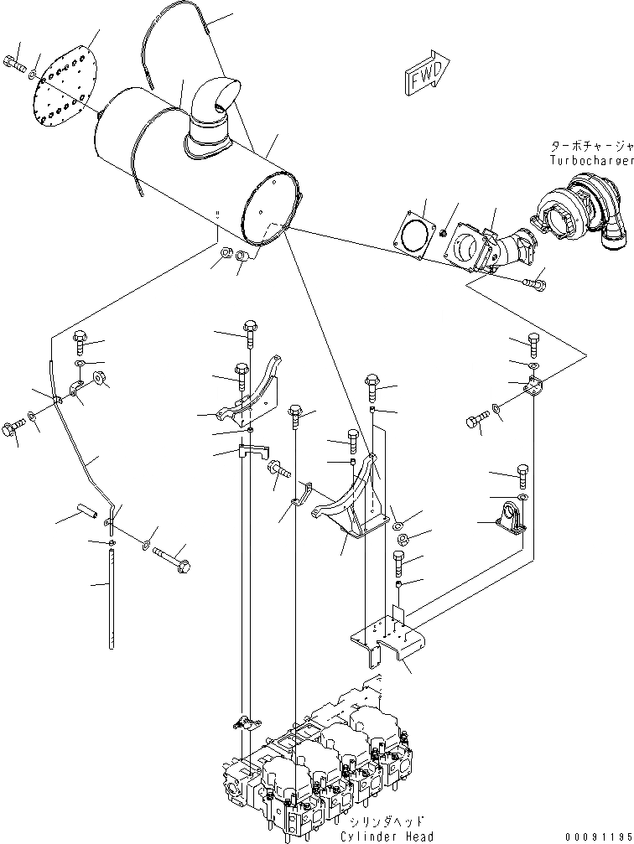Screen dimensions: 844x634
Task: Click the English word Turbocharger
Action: tap(591, 160)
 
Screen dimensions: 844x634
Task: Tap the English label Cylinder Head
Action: tap(387, 835)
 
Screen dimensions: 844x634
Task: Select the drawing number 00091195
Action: tap(595, 835)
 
